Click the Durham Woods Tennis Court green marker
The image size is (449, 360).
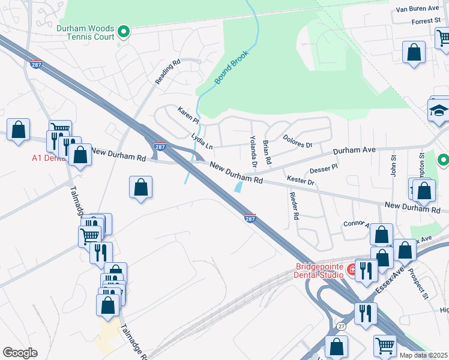click(124, 31)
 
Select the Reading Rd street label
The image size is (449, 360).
click(167, 72)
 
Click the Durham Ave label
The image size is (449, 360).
click(354, 150)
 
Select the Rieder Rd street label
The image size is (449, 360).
click(294, 206)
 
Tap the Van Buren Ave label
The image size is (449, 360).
click(418, 10)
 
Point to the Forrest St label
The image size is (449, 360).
click(426, 21)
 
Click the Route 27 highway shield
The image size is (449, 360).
click(340, 326)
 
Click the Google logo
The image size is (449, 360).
click(20, 353)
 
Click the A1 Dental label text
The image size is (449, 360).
click(49, 159)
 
